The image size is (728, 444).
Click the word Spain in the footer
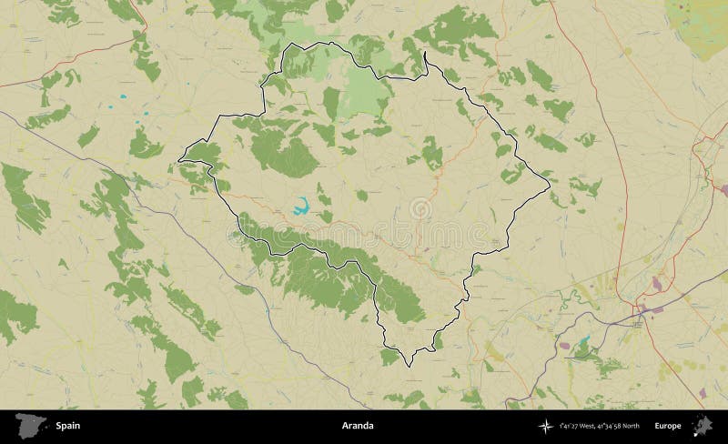click(67, 426)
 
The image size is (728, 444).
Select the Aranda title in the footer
click(358, 426)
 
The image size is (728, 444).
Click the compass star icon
click(545, 426)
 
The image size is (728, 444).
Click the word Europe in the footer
click(667, 426)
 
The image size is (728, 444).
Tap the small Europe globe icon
click(703, 425)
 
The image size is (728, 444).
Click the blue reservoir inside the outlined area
click(300, 206)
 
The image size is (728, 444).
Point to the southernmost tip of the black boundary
click(409, 366)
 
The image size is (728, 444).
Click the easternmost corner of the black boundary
click(550, 190)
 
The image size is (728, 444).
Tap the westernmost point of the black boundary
click(178, 161)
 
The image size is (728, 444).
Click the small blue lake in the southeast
click(582, 343)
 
